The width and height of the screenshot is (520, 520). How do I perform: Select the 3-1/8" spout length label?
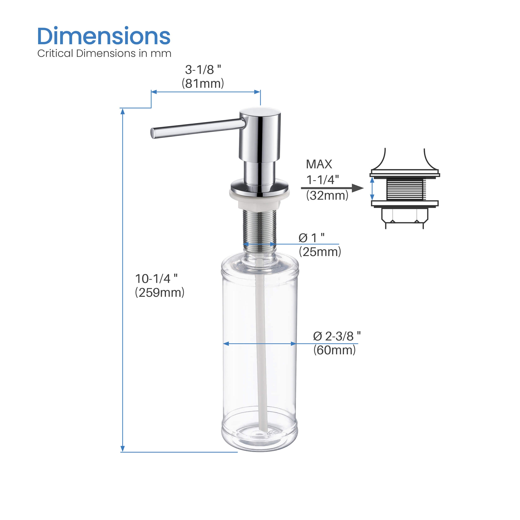pos(203,70)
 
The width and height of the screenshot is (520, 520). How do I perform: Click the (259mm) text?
pos(160,293)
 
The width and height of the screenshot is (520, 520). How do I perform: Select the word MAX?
pos(319,164)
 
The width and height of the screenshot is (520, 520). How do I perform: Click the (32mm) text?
pos(327,195)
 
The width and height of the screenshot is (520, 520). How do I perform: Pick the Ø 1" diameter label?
pos(311,238)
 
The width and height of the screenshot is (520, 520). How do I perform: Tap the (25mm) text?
pos(320,252)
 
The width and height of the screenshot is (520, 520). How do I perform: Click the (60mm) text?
pos(334,350)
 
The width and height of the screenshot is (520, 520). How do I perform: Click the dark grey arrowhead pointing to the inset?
pos(357,188)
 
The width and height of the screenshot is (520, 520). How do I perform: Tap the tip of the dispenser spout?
pos(153,133)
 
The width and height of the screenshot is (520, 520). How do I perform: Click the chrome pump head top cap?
pos(260,111)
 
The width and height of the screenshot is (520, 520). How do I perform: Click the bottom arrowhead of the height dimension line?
pos(123,448)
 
